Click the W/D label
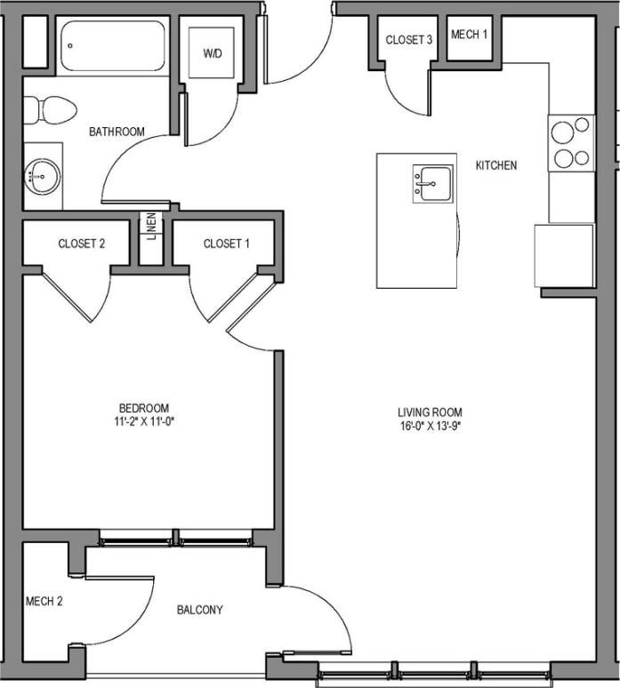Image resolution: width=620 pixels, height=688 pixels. pyautogui.click(x=212, y=53)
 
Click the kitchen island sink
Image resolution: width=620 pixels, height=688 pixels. pyautogui.click(x=432, y=183)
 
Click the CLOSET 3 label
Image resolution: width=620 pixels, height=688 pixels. pyautogui.click(x=409, y=40)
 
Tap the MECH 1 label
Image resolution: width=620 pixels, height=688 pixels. pyautogui.click(x=470, y=36)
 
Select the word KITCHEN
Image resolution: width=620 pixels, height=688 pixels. pyautogui.click(x=496, y=165)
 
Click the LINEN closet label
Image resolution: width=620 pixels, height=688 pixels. pyautogui.click(x=152, y=225)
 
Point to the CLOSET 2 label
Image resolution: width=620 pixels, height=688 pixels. pyautogui.click(x=82, y=244)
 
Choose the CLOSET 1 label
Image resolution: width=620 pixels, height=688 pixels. pyautogui.click(x=227, y=244)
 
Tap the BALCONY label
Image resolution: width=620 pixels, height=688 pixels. pyautogui.click(x=199, y=610)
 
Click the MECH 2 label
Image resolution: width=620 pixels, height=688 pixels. pyautogui.click(x=44, y=601)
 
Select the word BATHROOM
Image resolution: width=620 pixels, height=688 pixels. pyautogui.click(x=117, y=132)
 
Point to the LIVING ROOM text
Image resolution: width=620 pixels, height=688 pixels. pyautogui.click(x=431, y=412)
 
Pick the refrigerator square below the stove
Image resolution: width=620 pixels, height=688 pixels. pyautogui.click(x=564, y=255)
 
